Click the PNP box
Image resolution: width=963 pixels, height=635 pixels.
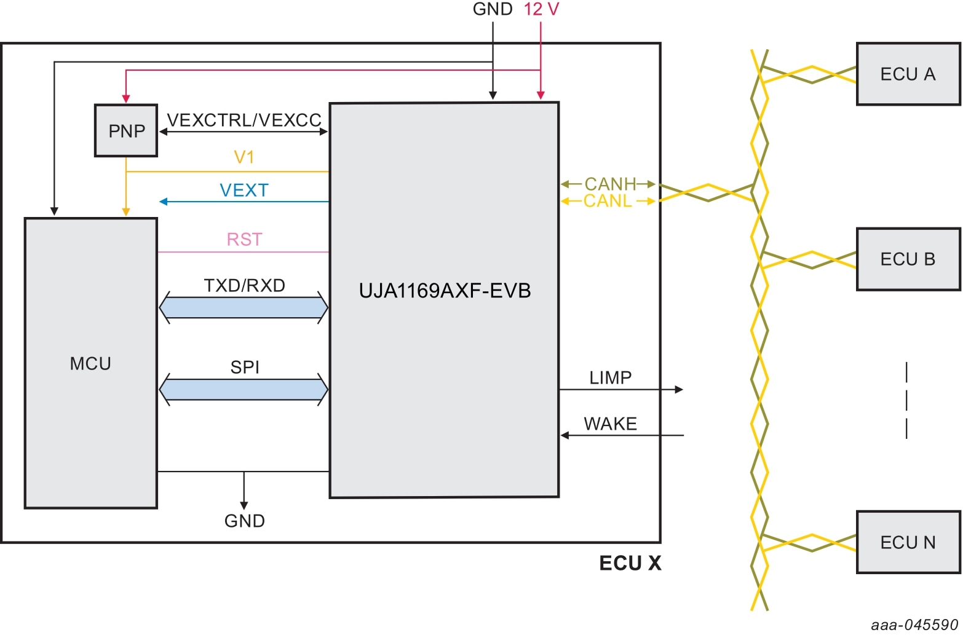click(126, 131)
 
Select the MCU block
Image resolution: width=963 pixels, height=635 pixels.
click(90, 363)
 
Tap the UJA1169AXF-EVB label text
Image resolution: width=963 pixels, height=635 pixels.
click(445, 291)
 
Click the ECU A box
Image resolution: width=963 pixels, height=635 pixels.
click(908, 74)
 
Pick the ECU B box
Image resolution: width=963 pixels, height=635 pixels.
click(908, 259)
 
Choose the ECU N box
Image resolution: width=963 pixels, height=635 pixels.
click(908, 542)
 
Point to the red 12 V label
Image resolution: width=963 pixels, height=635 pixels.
click(541, 9)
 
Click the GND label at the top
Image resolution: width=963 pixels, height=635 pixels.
click(492, 9)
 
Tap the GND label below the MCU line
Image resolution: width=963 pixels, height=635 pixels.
click(244, 521)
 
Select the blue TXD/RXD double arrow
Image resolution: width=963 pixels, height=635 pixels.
click(244, 307)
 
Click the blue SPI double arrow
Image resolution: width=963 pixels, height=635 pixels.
click(244, 389)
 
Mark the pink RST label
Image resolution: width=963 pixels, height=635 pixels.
click(244, 239)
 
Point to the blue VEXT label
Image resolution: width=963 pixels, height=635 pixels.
click(244, 191)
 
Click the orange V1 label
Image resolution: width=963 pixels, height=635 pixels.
click(244, 157)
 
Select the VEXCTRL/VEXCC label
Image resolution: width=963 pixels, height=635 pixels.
click(244, 120)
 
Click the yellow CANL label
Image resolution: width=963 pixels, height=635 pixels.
click(608, 201)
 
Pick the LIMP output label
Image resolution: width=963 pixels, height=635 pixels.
click(610, 377)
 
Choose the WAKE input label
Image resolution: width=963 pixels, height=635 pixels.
click(610, 424)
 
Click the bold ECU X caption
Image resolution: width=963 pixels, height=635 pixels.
click(630, 563)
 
